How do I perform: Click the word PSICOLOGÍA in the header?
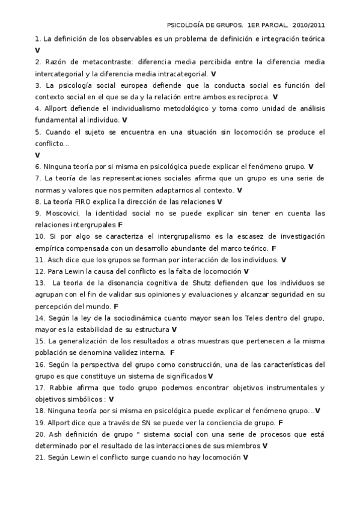(x=188, y=26)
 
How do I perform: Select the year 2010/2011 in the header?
(x=309, y=26)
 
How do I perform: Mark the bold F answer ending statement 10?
(x=274, y=248)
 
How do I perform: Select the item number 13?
(x=40, y=283)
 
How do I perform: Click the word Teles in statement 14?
(x=254, y=318)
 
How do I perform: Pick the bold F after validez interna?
(x=172, y=352)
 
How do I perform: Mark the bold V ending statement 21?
(x=245, y=458)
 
